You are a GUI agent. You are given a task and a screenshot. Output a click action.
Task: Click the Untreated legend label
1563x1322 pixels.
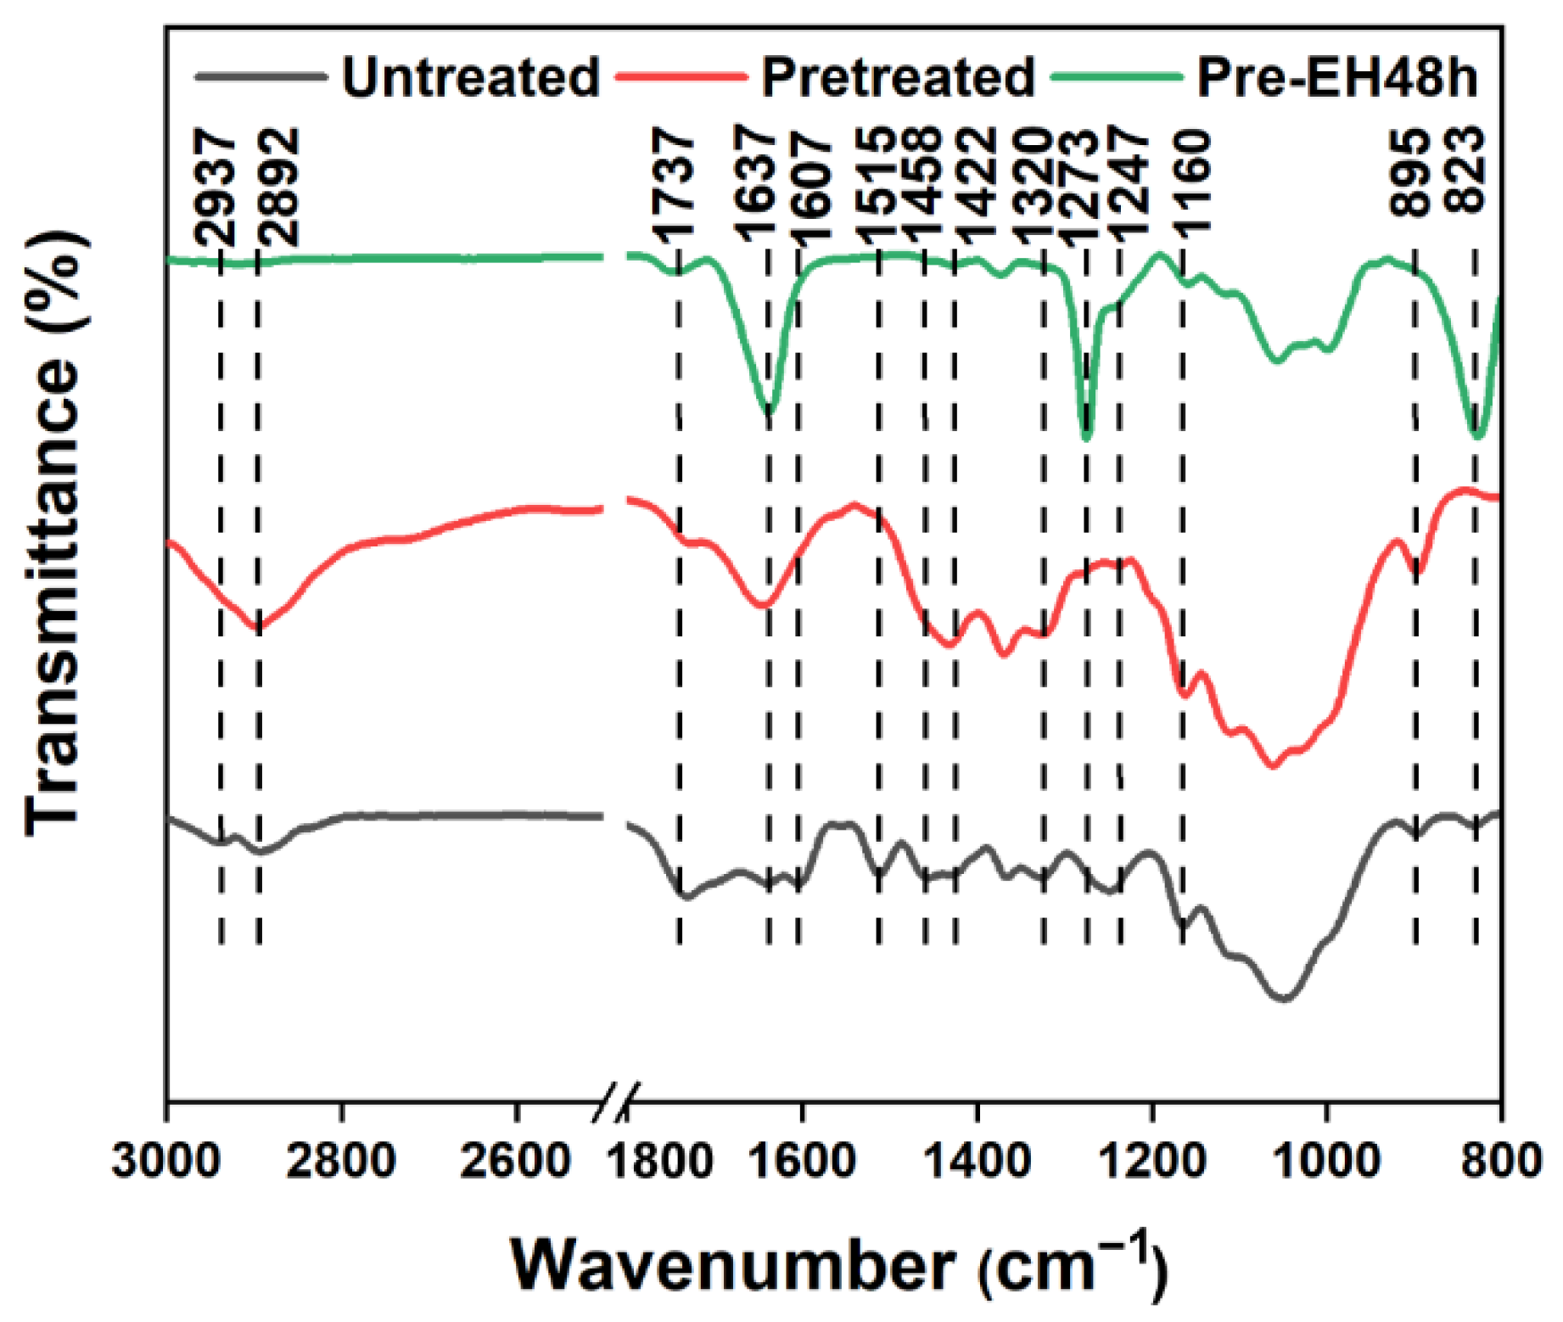470,77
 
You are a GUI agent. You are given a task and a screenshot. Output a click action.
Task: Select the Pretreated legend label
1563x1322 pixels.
898,77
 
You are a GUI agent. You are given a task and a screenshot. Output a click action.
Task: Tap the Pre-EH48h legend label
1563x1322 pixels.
1336,77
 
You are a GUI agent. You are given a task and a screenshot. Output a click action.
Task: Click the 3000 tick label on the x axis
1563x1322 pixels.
166,1159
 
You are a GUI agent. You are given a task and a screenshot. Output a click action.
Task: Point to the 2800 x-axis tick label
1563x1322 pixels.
341,1159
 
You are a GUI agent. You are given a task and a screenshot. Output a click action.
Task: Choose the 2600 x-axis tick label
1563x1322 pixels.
515,1159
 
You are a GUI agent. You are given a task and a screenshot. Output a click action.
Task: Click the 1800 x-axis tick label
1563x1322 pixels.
661,1159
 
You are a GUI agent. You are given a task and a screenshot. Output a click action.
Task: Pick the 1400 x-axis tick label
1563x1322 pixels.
978,1159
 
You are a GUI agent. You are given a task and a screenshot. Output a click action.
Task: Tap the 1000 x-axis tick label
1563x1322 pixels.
1325,1159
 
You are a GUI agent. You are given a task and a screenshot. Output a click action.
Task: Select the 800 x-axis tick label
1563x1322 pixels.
1502,1159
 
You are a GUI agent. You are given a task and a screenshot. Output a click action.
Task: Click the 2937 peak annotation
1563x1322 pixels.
214,187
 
